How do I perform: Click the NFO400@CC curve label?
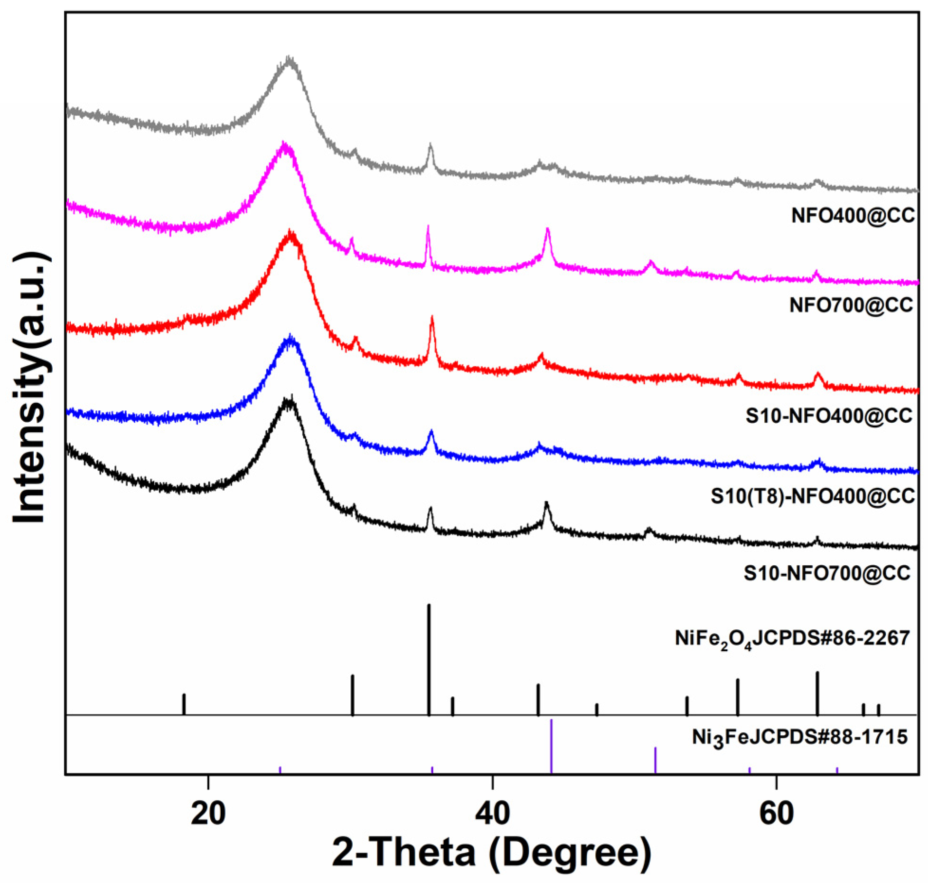click(x=852, y=216)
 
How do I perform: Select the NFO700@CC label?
click(x=851, y=304)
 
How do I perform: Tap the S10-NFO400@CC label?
click(x=828, y=416)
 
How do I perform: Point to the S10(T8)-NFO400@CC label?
click(x=812, y=496)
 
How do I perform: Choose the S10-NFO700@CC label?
click(x=826, y=573)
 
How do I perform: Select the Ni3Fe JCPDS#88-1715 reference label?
click(x=799, y=737)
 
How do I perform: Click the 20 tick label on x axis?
click(x=208, y=814)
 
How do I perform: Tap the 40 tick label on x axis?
click(x=492, y=814)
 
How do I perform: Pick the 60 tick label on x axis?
click(x=776, y=814)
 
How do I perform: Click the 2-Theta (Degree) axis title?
click(x=491, y=853)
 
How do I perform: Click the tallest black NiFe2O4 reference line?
click(x=429, y=660)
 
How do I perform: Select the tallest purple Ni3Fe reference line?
click(x=551, y=747)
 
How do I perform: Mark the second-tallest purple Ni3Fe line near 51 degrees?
click(x=655, y=760)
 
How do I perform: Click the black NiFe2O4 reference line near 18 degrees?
click(x=184, y=704)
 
